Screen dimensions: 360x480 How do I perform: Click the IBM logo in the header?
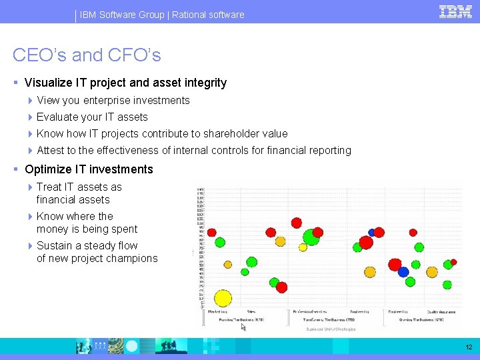(455, 12)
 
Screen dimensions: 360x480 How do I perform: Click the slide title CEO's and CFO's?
(87, 55)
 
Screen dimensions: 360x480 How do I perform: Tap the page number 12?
(469, 347)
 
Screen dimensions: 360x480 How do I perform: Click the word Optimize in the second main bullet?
(48, 169)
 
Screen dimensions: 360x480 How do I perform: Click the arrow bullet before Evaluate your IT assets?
(31, 117)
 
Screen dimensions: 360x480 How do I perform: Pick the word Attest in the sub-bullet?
(51, 151)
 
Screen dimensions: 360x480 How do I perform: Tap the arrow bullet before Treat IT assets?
(31, 187)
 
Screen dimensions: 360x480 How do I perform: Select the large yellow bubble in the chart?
(223, 299)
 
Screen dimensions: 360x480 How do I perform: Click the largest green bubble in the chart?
(311, 237)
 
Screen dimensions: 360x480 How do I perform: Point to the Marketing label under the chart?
(217, 311)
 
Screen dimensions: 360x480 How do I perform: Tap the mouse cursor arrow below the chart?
(243, 327)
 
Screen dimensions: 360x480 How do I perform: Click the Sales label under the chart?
(251, 311)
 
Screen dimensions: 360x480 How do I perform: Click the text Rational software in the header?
(208, 15)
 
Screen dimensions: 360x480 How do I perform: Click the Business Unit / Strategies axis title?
(331, 329)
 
